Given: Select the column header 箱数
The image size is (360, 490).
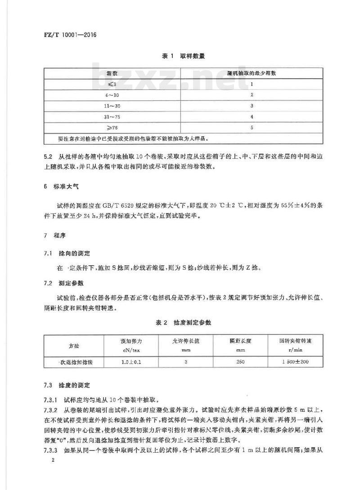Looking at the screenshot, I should pos(112,72).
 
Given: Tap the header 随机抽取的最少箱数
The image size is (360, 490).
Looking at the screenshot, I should pos(252,72).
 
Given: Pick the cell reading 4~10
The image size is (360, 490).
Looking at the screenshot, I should pos(112,95).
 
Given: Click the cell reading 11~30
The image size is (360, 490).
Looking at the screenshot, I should pos(112,106).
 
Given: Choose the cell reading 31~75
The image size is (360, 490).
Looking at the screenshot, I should pos(112,117).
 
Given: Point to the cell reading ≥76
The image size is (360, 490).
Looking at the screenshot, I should pos(112,128).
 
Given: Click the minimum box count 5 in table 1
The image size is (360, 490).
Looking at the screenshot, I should pos(252,128).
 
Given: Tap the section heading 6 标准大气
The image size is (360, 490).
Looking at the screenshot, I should pos(58,184).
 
